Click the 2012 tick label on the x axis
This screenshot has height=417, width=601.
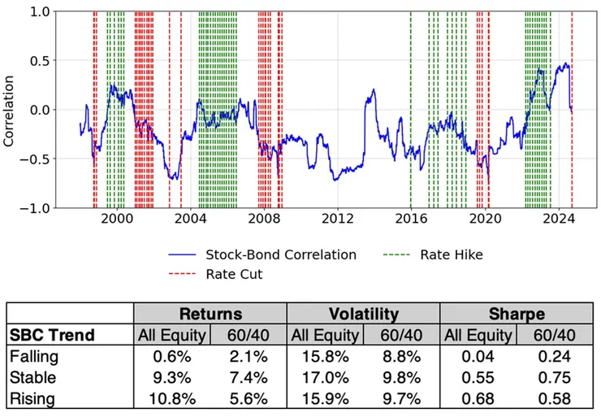click(x=337, y=219)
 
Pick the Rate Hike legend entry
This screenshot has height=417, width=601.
click(x=451, y=254)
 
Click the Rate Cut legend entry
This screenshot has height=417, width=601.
click(x=234, y=274)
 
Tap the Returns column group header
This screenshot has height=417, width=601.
click(x=210, y=313)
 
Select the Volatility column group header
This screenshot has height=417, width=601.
click(x=363, y=313)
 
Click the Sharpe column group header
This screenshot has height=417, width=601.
click(x=517, y=313)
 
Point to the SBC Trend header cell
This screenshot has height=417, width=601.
click(x=52, y=335)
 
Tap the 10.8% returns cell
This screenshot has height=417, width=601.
click(x=171, y=399)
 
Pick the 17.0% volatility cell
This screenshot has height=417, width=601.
click(x=325, y=377)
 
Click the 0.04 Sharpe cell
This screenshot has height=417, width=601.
click(x=479, y=355)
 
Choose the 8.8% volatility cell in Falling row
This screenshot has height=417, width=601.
click(x=402, y=355)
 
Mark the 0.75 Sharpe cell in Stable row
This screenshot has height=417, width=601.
click(x=556, y=377)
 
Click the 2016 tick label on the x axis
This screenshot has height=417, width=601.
click(x=411, y=219)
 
